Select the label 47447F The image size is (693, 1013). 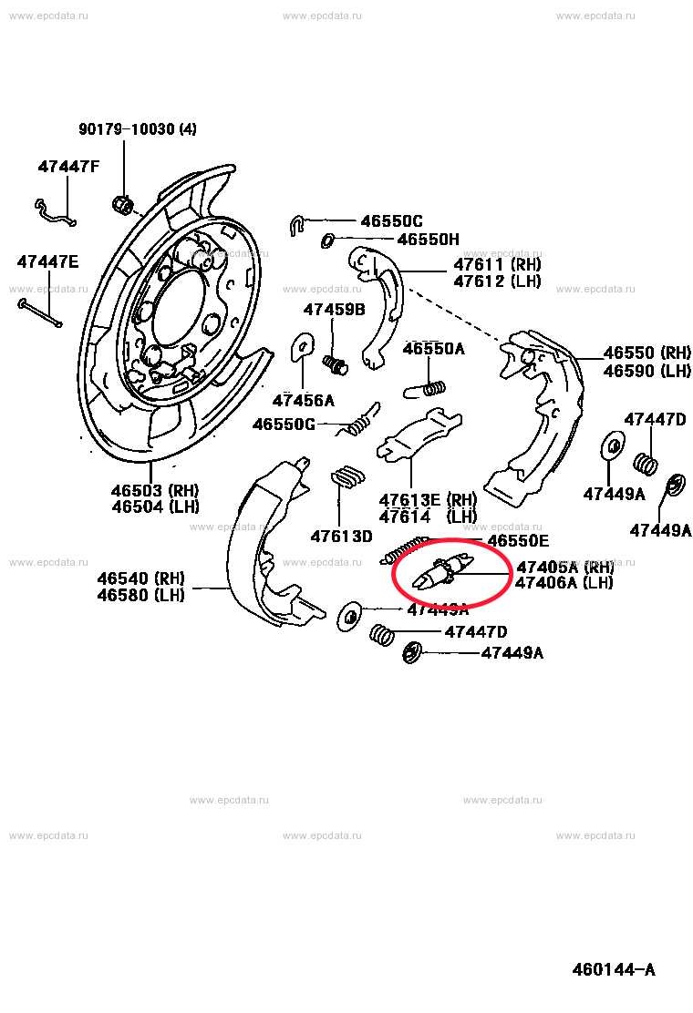click(x=68, y=167)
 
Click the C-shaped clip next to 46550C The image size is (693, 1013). click(x=295, y=224)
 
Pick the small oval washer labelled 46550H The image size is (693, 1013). click(x=328, y=240)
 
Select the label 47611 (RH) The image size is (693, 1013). click(x=497, y=264)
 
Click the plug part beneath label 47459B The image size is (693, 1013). click(x=336, y=363)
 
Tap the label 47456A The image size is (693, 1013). click(x=303, y=400)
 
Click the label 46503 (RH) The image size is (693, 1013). click(x=155, y=490)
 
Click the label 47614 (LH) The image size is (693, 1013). click(x=428, y=517)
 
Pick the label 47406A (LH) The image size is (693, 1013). click(x=564, y=583)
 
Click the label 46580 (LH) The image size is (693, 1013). click(x=140, y=595)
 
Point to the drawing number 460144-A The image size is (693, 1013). click(x=613, y=969)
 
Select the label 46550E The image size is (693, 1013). click(x=518, y=540)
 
